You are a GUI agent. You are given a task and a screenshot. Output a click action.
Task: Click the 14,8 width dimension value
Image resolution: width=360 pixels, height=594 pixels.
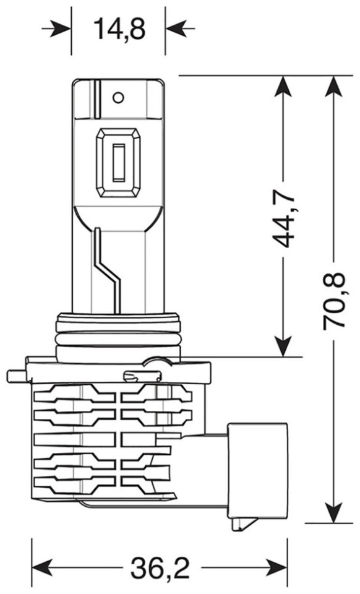(x=119, y=29)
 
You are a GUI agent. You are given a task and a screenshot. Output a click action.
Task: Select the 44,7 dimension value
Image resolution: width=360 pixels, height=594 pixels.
(x=283, y=218)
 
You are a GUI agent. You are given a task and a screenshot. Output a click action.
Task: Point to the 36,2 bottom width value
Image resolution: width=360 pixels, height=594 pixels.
(x=160, y=567)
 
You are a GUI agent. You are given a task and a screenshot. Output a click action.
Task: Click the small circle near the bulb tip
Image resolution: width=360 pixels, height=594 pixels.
(x=119, y=97)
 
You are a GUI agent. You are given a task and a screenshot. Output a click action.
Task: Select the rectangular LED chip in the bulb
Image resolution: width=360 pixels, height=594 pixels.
(x=119, y=163)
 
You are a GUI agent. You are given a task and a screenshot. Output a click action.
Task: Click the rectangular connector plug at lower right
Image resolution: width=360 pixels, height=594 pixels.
(x=256, y=470)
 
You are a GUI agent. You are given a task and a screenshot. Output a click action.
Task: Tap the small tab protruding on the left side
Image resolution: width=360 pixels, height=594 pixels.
(x=17, y=376)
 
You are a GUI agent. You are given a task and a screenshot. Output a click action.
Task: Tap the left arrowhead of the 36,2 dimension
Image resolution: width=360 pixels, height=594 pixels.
(x=41, y=567)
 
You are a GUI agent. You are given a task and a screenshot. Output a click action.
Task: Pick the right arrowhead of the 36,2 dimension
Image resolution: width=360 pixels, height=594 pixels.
(x=277, y=567)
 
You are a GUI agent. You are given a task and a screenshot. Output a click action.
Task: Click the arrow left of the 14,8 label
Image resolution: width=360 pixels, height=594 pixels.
(x=57, y=28)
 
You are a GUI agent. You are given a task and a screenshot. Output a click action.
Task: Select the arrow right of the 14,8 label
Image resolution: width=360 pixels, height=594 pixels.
(x=179, y=28)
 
